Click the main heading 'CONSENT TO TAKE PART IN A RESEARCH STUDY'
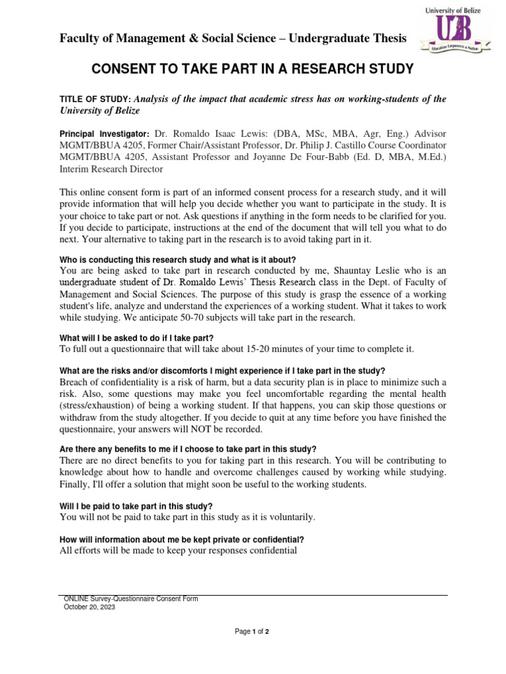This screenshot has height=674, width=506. (x=252, y=69)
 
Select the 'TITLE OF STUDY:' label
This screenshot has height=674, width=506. (x=99, y=99)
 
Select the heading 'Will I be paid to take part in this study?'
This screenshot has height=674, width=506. (x=136, y=505)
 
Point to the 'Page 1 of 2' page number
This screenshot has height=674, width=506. (x=252, y=632)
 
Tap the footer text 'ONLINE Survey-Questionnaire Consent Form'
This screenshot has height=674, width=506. (x=130, y=599)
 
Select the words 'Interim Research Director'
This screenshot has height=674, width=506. (x=111, y=168)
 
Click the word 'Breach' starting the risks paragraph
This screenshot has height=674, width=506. (x=76, y=382)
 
